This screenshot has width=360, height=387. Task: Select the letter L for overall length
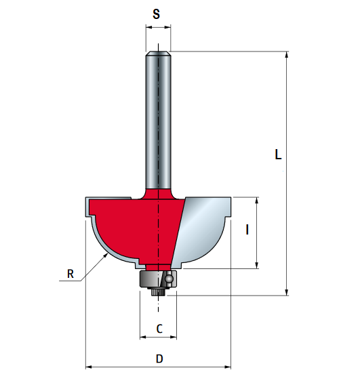click(x=278, y=155)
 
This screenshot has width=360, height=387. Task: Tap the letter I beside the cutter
click(x=247, y=230)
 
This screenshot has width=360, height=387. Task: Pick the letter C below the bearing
click(x=159, y=329)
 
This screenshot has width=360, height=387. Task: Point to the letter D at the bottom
click(x=159, y=359)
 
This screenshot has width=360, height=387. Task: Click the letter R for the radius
click(x=70, y=274)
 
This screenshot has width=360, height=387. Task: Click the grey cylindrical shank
click(x=157, y=122)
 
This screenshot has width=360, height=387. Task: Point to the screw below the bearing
click(x=157, y=292)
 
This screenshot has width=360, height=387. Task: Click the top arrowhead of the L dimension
click(x=287, y=55)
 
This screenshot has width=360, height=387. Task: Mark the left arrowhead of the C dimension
click(x=143, y=337)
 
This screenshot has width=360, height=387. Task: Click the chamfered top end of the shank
click(x=157, y=51)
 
